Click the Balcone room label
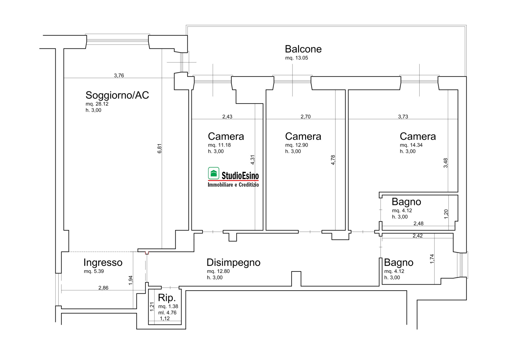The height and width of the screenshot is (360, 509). pos(303,49)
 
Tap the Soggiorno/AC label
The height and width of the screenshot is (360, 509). pos(117,95)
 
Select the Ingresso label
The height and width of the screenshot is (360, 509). pos(103,263)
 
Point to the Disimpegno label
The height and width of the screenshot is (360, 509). pos(234,263)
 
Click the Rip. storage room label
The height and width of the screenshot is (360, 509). pos(167,298)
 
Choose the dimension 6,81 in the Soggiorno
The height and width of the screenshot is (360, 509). pos(159,148)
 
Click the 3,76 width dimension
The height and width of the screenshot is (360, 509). pos(119,75)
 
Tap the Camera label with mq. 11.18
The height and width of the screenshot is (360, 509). pos(226,136)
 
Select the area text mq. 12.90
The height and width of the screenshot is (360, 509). pos(297,145)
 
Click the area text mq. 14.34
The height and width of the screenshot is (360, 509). pos(411,145)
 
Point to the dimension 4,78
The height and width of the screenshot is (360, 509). pos(333,160)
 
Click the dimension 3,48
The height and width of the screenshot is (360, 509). pos(446,163)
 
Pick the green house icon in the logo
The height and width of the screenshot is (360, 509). pos(214,173)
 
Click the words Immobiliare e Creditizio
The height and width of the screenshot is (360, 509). pos(233,185)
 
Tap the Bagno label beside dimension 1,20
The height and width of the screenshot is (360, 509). pos(406,202)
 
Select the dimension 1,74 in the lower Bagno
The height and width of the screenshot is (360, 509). pos(432,259)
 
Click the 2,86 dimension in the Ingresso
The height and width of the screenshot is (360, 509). pos(103,288)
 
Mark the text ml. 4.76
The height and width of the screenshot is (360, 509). pos(167,313)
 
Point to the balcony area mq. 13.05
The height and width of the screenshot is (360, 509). pos(297,58)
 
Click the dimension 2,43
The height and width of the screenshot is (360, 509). pos(227,117)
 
